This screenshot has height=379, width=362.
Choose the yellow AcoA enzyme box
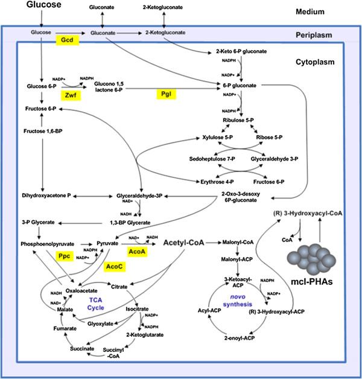click(137, 249)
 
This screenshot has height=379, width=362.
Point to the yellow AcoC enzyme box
click(115, 266)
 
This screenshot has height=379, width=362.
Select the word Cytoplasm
click(316, 62)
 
